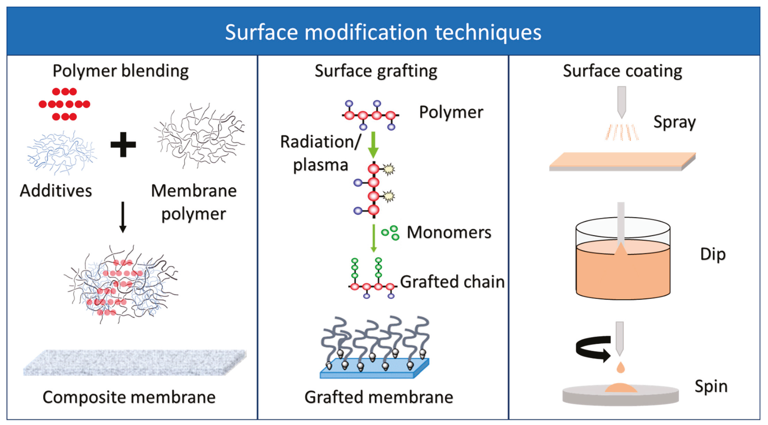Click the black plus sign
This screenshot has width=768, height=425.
tap(123, 145)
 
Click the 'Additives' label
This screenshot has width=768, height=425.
tap(56, 191)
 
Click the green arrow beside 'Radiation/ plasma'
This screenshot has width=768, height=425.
tap(373, 145)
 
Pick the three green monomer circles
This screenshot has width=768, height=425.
tap(390, 233)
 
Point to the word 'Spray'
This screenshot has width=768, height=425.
tap(674, 122)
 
